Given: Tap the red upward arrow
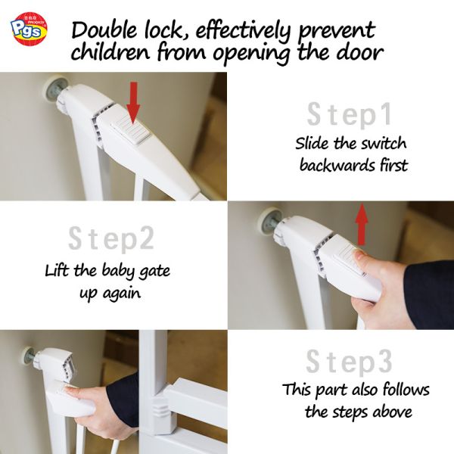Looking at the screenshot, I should [362, 223].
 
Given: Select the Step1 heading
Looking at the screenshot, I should [350, 115].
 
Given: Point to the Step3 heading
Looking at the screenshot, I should [349, 362].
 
